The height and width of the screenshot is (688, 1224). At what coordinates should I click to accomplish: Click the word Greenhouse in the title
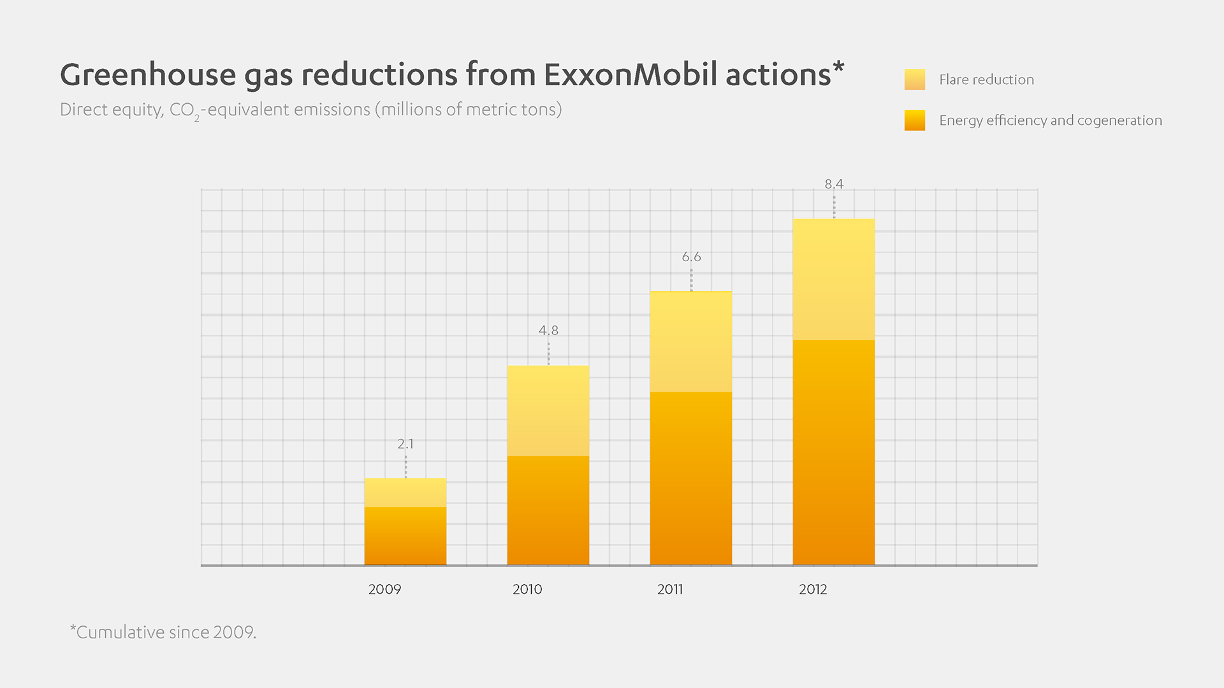pos(148,75)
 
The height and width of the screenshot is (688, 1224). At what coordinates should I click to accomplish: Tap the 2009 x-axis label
pos(384,589)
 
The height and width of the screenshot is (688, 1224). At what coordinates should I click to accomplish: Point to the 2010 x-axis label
pos(527,589)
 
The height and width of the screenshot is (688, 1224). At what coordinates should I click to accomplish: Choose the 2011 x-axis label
pos(670,589)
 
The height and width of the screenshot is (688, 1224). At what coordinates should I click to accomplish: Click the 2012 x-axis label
pos(813,589)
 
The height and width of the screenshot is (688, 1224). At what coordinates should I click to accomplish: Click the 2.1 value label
pos(405,443)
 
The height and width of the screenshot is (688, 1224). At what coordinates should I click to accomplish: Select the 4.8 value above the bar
pos(548,330)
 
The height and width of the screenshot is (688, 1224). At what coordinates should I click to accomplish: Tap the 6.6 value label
pos(691,257)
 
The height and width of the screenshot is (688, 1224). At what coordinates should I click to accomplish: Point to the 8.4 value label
pos(834,184)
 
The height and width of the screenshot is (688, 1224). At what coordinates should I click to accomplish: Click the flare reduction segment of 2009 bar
pos(405,492)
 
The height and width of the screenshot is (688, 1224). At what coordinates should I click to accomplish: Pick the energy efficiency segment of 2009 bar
pos(405,536)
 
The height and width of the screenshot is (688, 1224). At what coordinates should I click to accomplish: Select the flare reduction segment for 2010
pos(548,410)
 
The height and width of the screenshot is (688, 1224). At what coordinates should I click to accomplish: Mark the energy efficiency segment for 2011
pos(691,478)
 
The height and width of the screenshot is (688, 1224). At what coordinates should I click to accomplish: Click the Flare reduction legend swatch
pos(915,80)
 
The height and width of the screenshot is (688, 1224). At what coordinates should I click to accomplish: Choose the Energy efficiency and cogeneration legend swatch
pos(915,120)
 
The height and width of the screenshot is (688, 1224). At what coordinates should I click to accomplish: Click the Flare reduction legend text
pos(986,80)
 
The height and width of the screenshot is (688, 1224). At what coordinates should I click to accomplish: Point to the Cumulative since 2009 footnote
pos(163,632)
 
